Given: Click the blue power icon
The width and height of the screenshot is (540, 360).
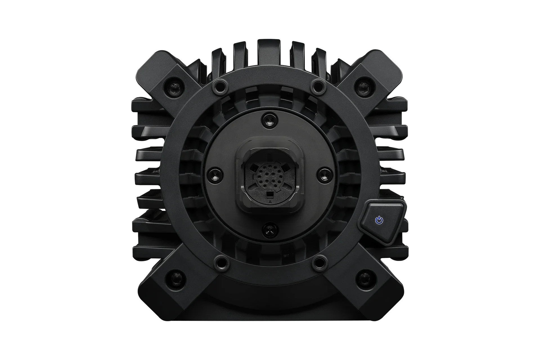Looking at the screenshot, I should [x=380, y=220].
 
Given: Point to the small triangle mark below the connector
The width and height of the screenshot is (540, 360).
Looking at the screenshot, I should [x=270, y=202].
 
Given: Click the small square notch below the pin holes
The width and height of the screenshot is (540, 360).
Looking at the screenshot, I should [x=270, y=194].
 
